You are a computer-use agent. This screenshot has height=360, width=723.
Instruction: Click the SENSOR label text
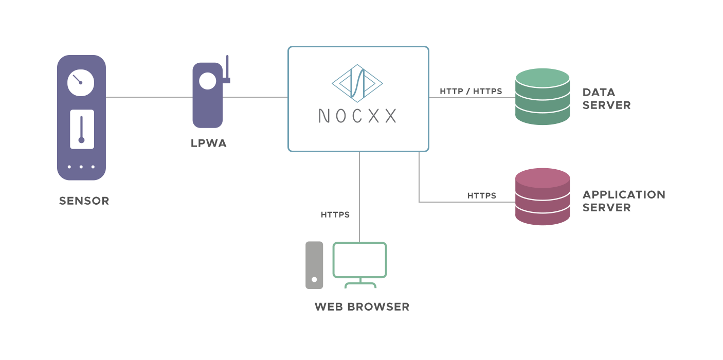tap(84, 201)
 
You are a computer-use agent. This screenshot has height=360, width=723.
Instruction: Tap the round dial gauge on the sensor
tap(81, 82)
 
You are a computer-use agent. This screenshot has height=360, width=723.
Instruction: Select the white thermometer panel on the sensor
tap(82, 129)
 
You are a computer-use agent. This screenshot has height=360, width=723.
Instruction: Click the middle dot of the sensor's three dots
tap(81, 167)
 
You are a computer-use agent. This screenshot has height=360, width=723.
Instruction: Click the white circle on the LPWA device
tap(208, 81)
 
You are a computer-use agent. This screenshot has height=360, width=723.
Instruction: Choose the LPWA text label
tap(208, 143)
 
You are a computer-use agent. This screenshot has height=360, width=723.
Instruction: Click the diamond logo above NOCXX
tap(357, 82)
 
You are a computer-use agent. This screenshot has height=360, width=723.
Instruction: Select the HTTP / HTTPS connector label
tap(471, 92)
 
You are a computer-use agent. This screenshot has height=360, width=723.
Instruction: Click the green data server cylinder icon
tap(543, 97)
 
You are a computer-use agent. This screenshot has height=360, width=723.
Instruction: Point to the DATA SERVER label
tap(606, 99)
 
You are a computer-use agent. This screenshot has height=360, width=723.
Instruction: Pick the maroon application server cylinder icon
tap(543, 196)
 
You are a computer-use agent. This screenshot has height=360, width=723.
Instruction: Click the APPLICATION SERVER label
tap(624, 201)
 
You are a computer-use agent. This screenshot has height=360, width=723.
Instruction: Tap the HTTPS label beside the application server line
tap(481, 195)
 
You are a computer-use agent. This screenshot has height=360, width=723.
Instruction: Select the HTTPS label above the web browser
tap(335, 214)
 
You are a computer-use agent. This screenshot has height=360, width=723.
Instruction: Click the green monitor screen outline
tap(359, 260)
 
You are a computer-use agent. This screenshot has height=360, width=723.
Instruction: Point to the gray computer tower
tap(314, 265)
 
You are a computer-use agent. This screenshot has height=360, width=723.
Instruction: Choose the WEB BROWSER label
tap(362, 307)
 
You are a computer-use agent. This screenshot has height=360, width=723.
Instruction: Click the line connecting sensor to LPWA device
tap(149, 97)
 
